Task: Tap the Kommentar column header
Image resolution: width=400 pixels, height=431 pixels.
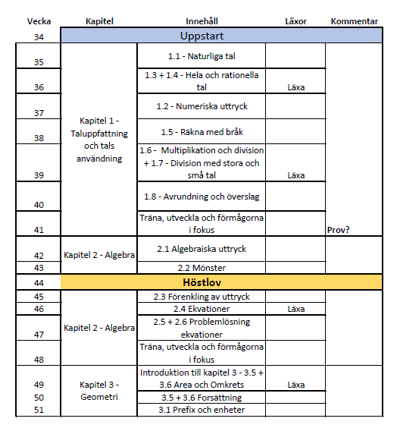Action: coord(354,21)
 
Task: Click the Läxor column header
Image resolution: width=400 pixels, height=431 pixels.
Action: coord(295,21)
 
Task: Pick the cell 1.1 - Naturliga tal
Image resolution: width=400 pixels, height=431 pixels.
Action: coord(201,57)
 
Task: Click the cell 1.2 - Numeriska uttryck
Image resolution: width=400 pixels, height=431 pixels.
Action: coord(201,107)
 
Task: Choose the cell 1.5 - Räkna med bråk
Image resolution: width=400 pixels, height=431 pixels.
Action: coord(201,132)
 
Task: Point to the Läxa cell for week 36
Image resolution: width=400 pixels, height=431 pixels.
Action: coord(295,87)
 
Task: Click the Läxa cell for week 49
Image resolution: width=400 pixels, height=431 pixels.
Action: coord(295,385)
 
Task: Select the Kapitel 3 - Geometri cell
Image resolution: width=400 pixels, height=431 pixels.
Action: coord(98,391)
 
